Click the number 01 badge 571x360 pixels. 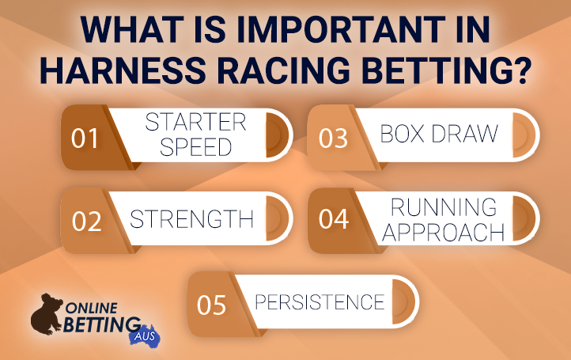click(x=85, y=138)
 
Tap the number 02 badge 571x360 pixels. click(x=86, y=222)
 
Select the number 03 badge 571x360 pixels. click(x=333, y=138)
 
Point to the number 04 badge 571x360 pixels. click(x=334, y=218)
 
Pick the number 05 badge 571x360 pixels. click(x=211, y=305)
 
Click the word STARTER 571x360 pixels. click(x=196, y=122)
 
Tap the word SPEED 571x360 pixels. click(x=196, y=147)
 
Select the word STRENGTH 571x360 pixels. click(x=191, y=219)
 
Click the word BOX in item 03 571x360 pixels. click(x=403, y=134)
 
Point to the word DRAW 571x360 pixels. click(x=465, y=134)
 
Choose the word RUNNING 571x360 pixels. click(x=444, y=207)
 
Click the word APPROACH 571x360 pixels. click(x=443, y=232)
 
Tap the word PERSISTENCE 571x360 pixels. click(x=320, y=302)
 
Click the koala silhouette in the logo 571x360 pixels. click(x=47, y=314)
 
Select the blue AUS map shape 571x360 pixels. click(x=145, y=335)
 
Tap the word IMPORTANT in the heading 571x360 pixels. click(x=341, y=29)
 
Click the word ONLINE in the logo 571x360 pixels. click(x=92, y=309)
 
